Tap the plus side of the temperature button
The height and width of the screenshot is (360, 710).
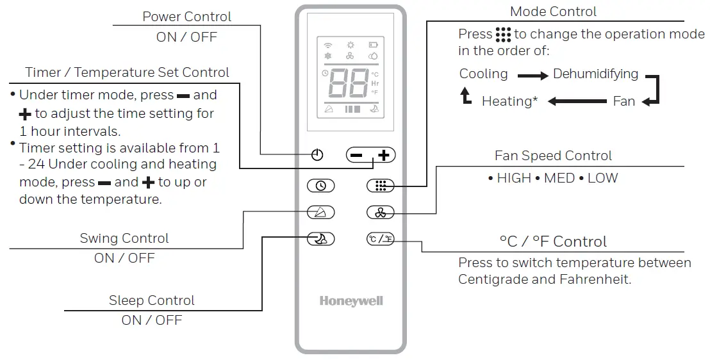(x=383, y=155)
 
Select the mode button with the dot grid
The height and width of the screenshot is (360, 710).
(x=381, y=186)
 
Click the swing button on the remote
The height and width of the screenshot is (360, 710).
(x=320, y=212)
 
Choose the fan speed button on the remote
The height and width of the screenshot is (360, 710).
(x=381, y=212)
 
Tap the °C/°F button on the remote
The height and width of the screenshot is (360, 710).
(x=381, y=239)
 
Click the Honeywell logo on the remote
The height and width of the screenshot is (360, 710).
(x=351, y=301)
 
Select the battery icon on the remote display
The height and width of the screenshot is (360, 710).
(x=373, y=45)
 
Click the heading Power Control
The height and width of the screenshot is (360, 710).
(x=186, y=17)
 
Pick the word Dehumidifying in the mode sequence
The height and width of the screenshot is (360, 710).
(x=595, y=74)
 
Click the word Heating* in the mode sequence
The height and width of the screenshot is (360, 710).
(x=509, y=101)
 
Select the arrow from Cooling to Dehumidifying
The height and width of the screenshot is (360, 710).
(x=533, y=75)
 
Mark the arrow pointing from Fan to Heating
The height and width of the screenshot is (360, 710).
(x=577, y=101)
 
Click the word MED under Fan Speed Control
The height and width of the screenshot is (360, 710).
(x=559, y=177)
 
